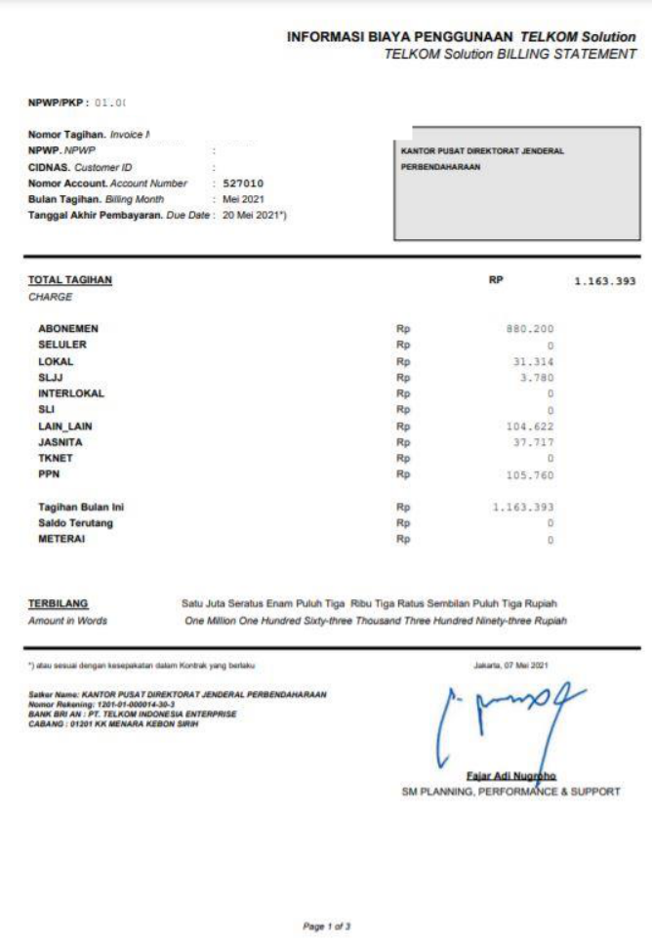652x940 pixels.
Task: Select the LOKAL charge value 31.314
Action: coord(534,362)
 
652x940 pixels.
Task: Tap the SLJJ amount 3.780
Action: coord(538,378)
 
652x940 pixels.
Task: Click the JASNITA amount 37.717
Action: coord(534,442)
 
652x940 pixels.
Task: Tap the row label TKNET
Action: coord(56,459)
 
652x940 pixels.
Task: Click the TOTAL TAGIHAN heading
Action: coord(69,280)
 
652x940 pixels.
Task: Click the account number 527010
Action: coord(243,183)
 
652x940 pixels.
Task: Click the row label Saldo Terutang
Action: coord(76,523)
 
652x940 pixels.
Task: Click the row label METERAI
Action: coord(61,539)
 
